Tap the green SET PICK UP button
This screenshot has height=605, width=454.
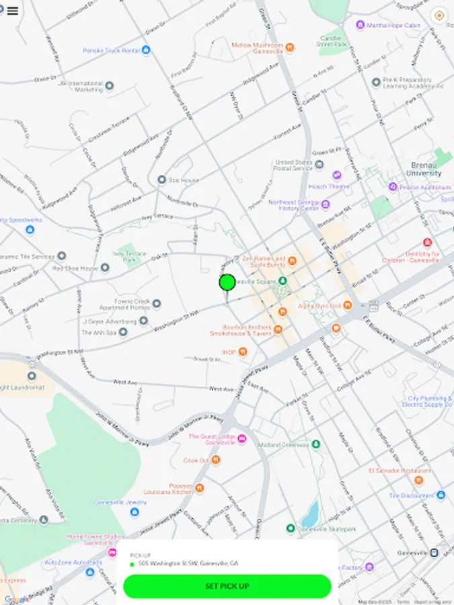227,586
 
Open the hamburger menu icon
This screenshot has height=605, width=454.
12,11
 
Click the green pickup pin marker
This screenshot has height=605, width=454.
227,282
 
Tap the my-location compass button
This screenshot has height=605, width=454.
439,15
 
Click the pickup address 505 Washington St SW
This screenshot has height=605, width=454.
188,563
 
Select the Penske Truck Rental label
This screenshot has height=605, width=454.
111,50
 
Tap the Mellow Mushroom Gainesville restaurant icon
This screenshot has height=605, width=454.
290,47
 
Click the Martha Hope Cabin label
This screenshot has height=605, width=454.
393,26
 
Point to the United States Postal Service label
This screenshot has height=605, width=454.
293,165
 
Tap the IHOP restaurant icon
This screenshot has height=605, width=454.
243,352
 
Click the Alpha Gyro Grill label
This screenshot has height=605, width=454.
319,306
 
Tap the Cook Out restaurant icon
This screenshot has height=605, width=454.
215,460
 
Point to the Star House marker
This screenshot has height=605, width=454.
161,180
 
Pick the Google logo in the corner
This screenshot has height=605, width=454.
16,599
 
